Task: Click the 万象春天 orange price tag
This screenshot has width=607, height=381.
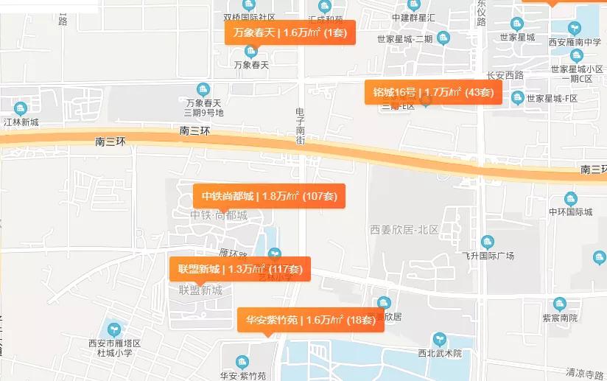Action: click(290, 32)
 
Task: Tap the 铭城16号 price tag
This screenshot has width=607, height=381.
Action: click(433, 92)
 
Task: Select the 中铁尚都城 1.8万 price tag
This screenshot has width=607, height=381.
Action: click(269, 196)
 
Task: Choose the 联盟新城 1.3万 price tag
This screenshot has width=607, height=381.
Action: click(240, 269)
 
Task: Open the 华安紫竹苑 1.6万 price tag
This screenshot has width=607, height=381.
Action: click(310, 320)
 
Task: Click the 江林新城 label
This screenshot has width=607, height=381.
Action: click(21, 122)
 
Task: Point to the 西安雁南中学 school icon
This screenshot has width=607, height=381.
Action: click(575, 28)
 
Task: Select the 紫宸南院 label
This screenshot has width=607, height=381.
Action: click(560, 318)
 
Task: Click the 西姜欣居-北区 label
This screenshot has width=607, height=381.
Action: click(404, 230)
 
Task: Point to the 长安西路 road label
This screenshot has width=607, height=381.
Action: click(505, 75)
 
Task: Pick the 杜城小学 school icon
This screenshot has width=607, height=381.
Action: click(113, 329)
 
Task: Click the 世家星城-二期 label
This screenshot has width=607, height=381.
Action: click(404, 39)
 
